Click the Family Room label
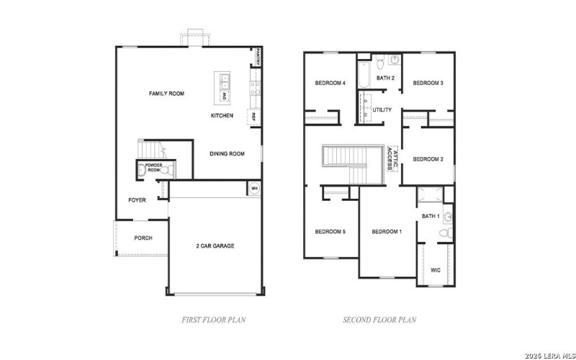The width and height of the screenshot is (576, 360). coord(166,94)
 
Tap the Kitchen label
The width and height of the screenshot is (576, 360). coord(222,115)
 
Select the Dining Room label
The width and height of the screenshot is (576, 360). coord(227,153)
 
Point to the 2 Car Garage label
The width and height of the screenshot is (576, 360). coord(215,246)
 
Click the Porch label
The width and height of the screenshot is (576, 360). coord(143,238)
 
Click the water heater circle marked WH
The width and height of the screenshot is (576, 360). coord(254,189)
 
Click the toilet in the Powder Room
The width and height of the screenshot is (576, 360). coord(141,171)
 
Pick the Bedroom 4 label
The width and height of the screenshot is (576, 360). coord(330,84)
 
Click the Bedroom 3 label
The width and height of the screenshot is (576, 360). coord(428,84)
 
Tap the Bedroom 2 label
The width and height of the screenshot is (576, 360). coord(428,159)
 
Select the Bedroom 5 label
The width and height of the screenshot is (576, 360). coord(330,231)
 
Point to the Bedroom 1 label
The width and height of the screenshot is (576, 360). coord(387,231)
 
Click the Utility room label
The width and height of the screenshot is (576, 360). coord(382,110)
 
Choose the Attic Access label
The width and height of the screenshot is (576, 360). coord(391,158)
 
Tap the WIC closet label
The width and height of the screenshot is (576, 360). coord(436,271)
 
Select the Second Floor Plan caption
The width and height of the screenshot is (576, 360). coord(379,319)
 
